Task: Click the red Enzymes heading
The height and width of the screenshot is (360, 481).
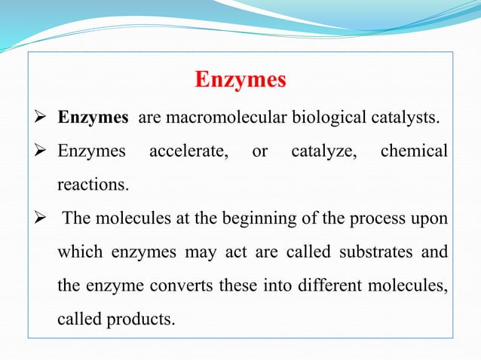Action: point(240,80)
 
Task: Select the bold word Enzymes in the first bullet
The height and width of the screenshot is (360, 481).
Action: point(92,118)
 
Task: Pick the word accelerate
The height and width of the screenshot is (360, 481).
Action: point(188,151)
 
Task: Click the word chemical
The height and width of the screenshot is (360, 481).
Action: point(413,151)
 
